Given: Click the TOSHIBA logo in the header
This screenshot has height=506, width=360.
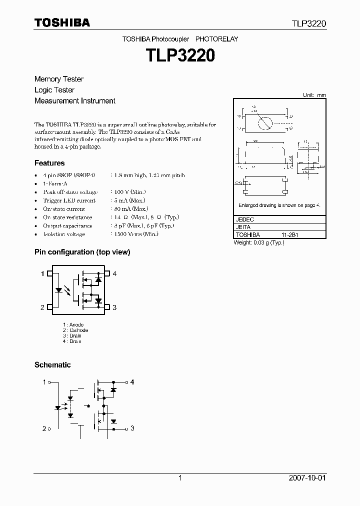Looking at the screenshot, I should click(x=62, y=22).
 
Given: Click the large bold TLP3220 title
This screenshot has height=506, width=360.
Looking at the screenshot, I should click(x=180, y=55).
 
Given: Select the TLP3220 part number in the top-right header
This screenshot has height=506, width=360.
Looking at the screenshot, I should click(x=309, y=23).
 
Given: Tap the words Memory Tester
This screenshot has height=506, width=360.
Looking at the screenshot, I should click(x=59, y=79).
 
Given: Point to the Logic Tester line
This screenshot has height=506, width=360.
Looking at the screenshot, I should click(x=54, y=90).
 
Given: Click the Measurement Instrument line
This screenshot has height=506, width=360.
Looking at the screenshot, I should click(x=75, y=101).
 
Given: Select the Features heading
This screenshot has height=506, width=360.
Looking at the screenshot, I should click(x=49, y=163).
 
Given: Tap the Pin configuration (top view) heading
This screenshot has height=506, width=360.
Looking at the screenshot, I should click(x=82, y=252).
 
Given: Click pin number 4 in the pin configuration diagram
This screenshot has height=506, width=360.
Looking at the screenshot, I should click(x=114, y=273).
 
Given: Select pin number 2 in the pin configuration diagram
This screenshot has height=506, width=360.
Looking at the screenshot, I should click(x=42, y=307).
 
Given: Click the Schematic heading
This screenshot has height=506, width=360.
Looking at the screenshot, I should click(x=52, y=365).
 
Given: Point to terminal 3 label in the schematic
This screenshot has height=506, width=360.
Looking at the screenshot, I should click(x=132, y=428).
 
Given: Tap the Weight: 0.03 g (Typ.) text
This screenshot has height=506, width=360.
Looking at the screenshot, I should click(x=259, y=242).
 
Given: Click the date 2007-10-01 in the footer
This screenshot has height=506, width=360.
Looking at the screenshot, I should click(x=307, y=478).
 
